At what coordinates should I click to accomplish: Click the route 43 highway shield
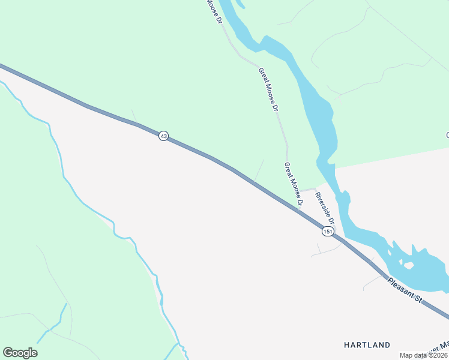[x=163, y=136]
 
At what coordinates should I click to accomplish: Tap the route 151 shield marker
[x=328, y=232]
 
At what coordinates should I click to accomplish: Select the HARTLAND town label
[x=367, y=345]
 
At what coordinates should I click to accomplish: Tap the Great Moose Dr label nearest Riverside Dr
[x=293, y=182]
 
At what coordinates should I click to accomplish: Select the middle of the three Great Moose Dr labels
[x=268, y=89]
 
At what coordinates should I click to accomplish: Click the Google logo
[x=20, y=353]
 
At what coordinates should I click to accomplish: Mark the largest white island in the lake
[x=408, y=265]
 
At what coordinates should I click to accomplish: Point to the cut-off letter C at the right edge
[x=447, y=135]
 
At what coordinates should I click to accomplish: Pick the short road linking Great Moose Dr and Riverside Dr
[x=307, y=190]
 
